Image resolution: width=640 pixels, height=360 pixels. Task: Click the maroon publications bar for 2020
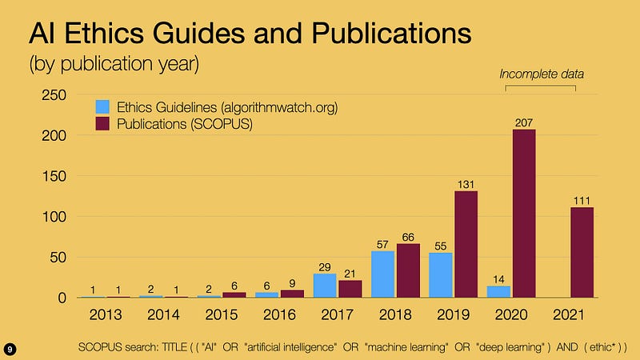[x=524, y=214]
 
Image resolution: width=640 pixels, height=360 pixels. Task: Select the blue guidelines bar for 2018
[x=383, y=274]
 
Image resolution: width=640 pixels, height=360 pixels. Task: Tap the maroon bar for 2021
[x=582, y=252]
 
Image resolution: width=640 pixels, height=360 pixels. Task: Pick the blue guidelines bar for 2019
[x=441, y=275]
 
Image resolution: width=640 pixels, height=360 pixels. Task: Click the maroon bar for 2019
[x=466, y=244]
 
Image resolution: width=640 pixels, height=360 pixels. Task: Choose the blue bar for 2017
[x=325, y=286]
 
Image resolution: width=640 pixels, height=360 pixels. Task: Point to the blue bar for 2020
[x=498, y=292]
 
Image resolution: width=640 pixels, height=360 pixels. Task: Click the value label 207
[x=524, y=122]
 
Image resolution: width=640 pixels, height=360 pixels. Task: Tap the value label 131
[x=466, y=185]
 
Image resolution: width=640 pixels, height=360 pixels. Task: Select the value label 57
[x=382, y=245]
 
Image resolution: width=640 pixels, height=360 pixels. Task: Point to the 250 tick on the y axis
[x=54, y=95]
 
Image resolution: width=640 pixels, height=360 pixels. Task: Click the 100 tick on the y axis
[x=54, y=217]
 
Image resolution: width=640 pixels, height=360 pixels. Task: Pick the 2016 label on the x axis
[x=279, y=314]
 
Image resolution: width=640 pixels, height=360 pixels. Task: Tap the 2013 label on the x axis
[x=106, y=314]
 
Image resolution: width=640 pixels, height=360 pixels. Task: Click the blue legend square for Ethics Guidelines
[x=102, y=107]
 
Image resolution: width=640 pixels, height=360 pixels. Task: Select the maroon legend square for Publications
[x=102, y=124]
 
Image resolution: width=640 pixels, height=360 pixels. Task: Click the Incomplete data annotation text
[x=542, y=74]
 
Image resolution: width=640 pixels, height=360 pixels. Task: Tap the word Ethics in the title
[x=104, y=33]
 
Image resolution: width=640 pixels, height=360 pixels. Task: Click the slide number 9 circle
[x=10, y=350]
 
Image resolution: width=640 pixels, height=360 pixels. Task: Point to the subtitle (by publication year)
[x=114, y=64]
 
